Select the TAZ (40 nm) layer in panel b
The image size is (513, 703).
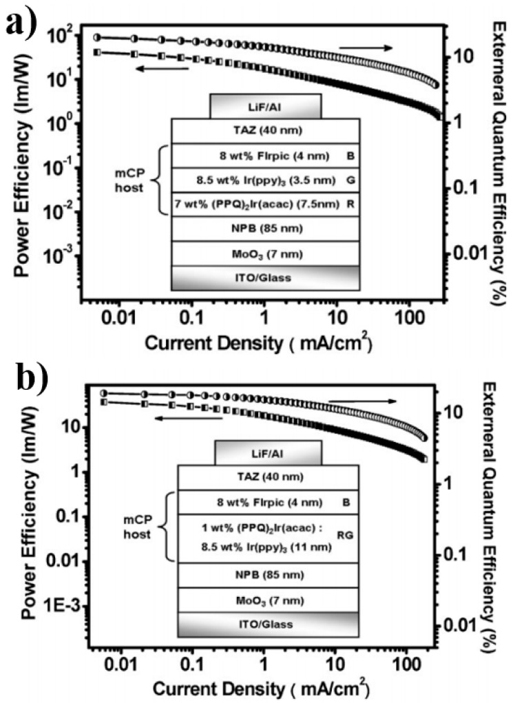pyautogui.click(x=269, y=476)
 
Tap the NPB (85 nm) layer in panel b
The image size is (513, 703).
pyautogui.click(x=269, y=574)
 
